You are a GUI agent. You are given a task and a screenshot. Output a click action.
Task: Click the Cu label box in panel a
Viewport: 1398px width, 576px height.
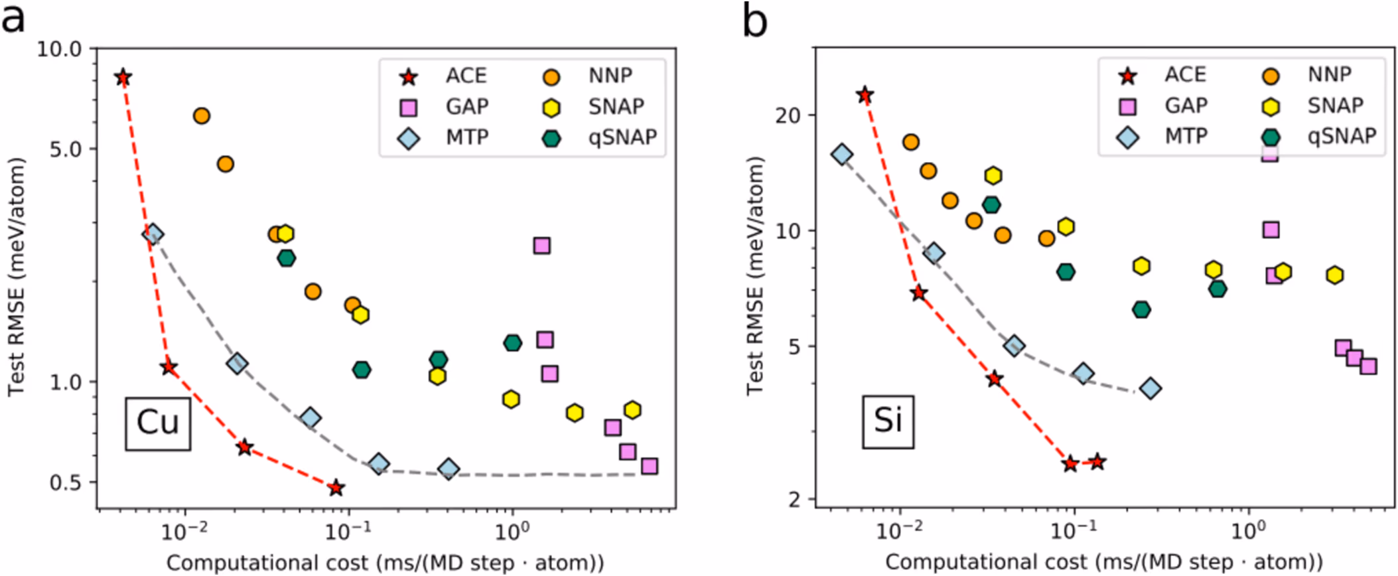(x=158, y=423)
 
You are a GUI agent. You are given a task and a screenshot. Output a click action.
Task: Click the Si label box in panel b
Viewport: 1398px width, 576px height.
(x=888, y=421)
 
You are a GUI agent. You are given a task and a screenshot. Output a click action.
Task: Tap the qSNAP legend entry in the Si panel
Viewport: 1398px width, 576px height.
(x=1320, y=137)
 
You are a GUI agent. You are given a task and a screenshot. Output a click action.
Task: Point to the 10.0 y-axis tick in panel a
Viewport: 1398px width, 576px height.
(x=58, y=49)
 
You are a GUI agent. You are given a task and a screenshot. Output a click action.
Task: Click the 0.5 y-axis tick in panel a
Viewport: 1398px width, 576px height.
(x=65, y=482)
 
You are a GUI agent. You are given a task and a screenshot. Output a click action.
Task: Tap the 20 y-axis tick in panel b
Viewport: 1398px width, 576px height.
(x=788, y=115)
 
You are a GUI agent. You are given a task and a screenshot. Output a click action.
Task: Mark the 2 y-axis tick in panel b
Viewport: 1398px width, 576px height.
(x=795, y=499)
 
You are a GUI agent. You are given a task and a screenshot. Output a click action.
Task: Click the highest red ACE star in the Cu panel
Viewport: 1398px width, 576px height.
(x=123, y=78)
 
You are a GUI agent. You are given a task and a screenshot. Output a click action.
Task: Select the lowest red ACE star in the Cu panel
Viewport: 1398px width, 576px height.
(x=336, y=488)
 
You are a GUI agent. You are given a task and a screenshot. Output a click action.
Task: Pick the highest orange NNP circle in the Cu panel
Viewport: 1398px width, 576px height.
(x=202, y=116)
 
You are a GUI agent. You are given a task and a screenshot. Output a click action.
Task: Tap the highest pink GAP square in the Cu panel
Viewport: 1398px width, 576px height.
(x=542, y=246)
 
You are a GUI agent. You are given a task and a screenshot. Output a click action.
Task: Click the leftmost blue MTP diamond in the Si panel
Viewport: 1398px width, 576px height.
(x=842, y=155)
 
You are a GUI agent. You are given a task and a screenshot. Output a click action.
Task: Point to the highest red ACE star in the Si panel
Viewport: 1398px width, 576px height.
(x=865, y=95)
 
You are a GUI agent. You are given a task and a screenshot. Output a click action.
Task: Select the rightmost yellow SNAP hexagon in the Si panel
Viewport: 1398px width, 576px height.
(x=1335, y=275)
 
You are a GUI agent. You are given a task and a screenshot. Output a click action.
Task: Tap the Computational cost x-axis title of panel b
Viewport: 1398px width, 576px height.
(x=1104, y=563)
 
